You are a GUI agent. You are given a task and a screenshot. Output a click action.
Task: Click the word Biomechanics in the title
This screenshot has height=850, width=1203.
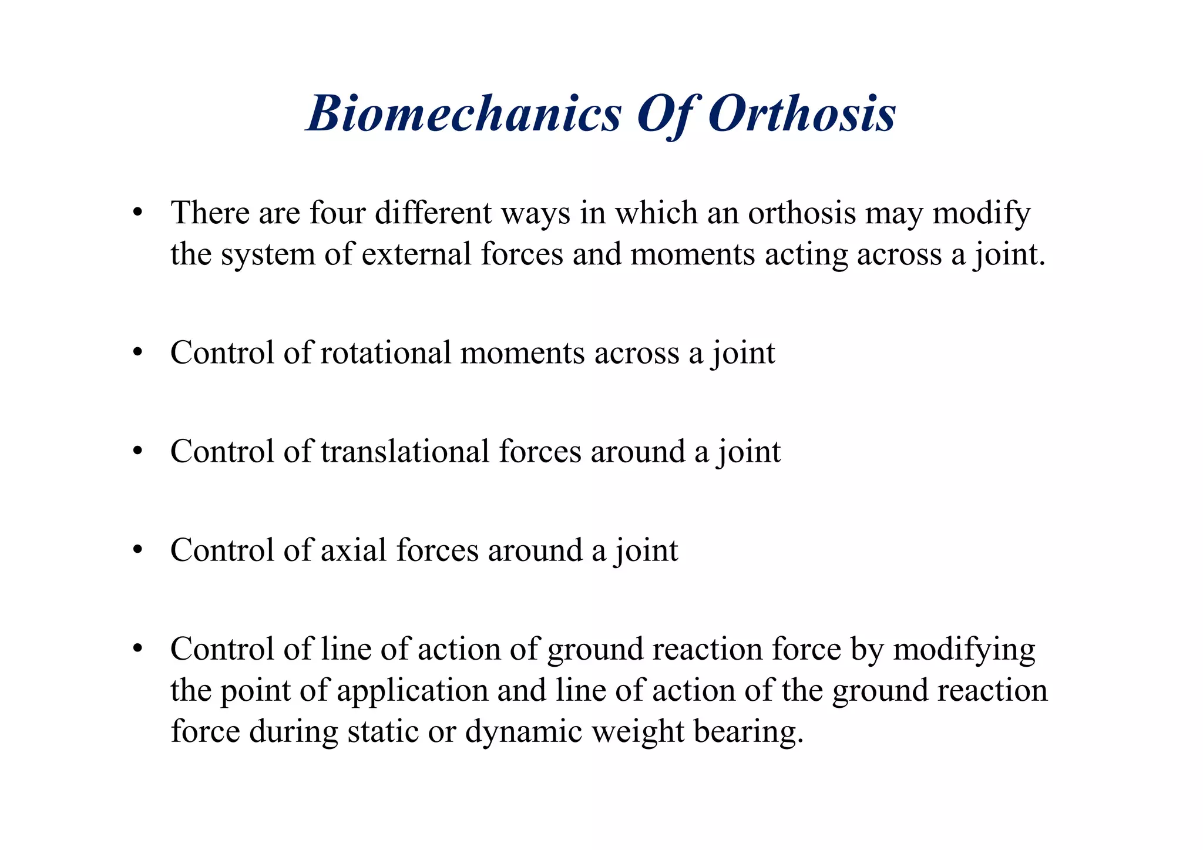[x=463, y=113]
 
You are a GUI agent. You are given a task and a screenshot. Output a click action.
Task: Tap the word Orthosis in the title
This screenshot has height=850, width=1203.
[x=802, y=113]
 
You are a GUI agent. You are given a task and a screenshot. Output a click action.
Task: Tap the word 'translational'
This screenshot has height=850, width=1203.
[x=405, y=451]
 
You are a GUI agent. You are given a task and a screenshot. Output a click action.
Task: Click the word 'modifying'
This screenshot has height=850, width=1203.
[x=965, y=649]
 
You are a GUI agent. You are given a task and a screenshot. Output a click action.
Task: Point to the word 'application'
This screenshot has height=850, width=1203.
[x=412, y=691]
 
